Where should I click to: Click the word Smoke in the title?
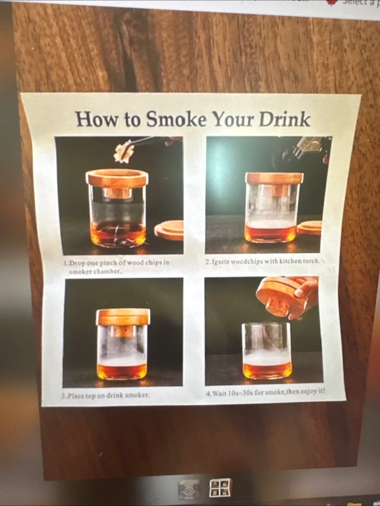[x=176, y=119]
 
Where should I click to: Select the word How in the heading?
[x=97, y=119]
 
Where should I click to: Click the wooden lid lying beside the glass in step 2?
[x=310, y=228]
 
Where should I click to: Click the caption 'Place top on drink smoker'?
[x=105, y=395]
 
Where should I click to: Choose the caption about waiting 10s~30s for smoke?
[x=265, y=392]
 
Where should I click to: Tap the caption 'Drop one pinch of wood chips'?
[x=116, y=267]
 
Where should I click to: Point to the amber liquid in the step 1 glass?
[x=118, y=234]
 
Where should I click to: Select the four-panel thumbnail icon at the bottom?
[x=221, y=488]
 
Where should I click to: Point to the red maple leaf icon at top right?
[x=332, y=2]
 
